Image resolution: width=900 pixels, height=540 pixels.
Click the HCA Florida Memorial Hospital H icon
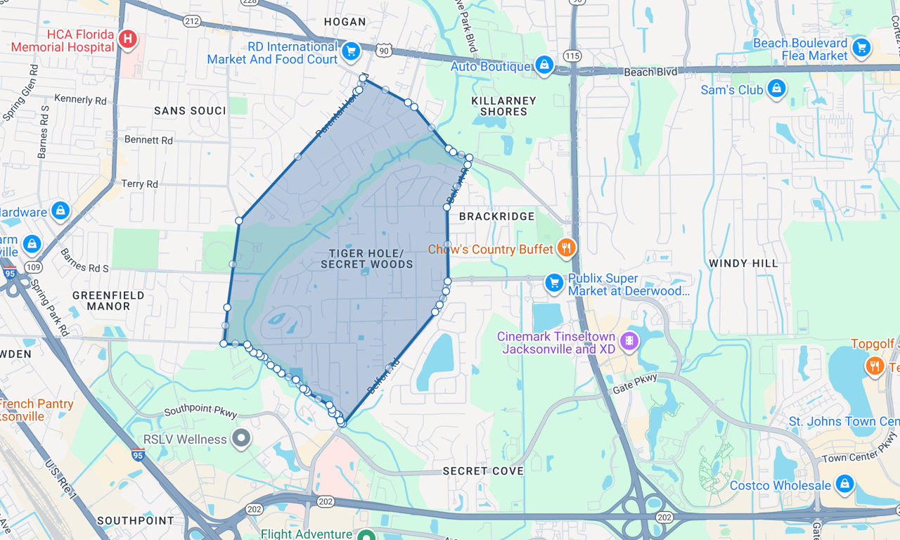(128, 39)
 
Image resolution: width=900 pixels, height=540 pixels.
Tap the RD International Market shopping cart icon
(350, 51)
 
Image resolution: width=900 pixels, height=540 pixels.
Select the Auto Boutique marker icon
(544, 65)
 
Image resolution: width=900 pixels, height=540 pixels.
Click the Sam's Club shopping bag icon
(776, 89)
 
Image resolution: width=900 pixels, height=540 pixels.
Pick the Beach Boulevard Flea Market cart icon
(861, 49)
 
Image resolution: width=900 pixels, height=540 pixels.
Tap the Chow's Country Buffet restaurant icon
(567, 248)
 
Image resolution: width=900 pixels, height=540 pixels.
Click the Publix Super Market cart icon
(555, 283)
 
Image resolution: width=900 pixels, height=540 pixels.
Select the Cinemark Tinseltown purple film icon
(629, 342)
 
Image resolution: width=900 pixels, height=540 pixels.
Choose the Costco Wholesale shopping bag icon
(844, 484)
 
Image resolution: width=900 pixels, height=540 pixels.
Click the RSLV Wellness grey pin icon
(242, 439)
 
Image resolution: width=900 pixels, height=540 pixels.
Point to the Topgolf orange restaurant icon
(875, 366)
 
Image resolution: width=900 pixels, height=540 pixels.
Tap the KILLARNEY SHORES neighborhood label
(503, 106)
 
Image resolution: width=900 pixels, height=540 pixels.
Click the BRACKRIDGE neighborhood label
(497, 217)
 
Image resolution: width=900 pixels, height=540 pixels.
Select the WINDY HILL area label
(743, 264)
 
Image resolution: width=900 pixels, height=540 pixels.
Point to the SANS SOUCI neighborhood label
(190, 111)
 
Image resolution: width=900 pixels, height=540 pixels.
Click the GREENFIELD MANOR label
(108, 301)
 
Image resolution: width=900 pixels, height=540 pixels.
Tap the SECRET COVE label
(483, 471)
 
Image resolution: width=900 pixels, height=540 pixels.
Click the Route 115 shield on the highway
(572, 56)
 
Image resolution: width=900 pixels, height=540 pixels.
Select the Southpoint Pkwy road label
(200, 412)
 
